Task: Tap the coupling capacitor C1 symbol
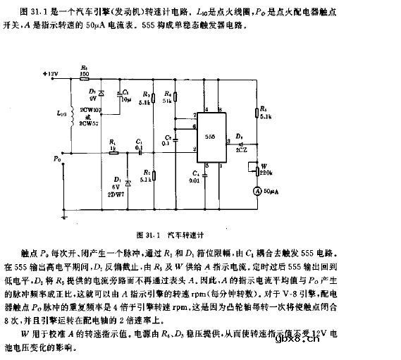[x=140, y=150]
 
